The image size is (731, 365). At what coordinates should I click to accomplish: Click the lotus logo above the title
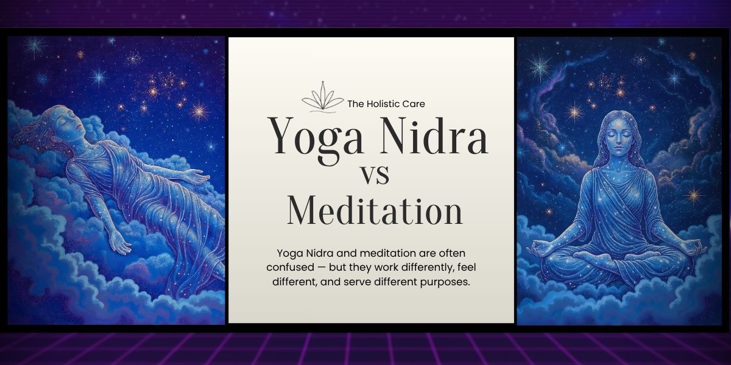click(x=322, y=97)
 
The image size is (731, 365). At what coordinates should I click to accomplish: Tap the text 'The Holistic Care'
click(x=386, y=104)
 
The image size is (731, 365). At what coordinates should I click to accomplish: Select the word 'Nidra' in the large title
click(x=434, y=136)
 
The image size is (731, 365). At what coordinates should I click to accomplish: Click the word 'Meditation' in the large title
click(x=375, y=210)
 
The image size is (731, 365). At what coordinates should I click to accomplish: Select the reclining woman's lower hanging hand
click(x=120, y=243)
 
